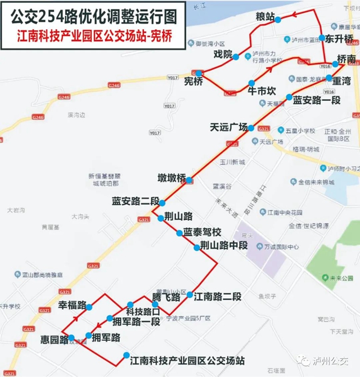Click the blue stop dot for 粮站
click(x=277, y=20)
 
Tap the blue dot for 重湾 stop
click(x=328, y=79)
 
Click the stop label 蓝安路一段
click(x=317, y=100)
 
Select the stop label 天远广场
click(x=228, y=127)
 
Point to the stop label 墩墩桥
click(x=172, y=178)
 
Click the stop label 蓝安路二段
click(x=135, y=201)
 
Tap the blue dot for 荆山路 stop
click(x=161, y=217)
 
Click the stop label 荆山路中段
click(x=224, y=246)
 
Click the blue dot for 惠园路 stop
click(x=71, y=338)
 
